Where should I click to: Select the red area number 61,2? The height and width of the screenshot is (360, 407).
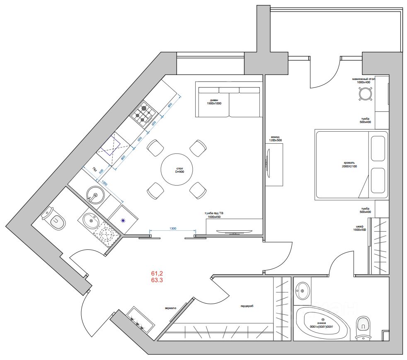[x=157, y=273]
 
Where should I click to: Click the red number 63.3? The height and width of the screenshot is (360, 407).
[x=157, y=280]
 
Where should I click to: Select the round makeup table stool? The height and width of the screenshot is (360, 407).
[x=364, y=94]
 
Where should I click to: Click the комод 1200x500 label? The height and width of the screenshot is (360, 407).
[x=276, y=138]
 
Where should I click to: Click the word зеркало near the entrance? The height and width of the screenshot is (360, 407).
[x=170, y=308]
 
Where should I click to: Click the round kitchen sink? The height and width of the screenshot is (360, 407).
[x=95, y=194]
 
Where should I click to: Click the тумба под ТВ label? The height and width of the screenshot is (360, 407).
[x=214, y=214]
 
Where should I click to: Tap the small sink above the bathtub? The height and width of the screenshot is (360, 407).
[x=302, y=290]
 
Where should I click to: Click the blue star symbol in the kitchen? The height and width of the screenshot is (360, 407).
[x=123, y=220]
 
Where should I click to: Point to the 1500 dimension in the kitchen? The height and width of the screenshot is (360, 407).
[x=104, y=183]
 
